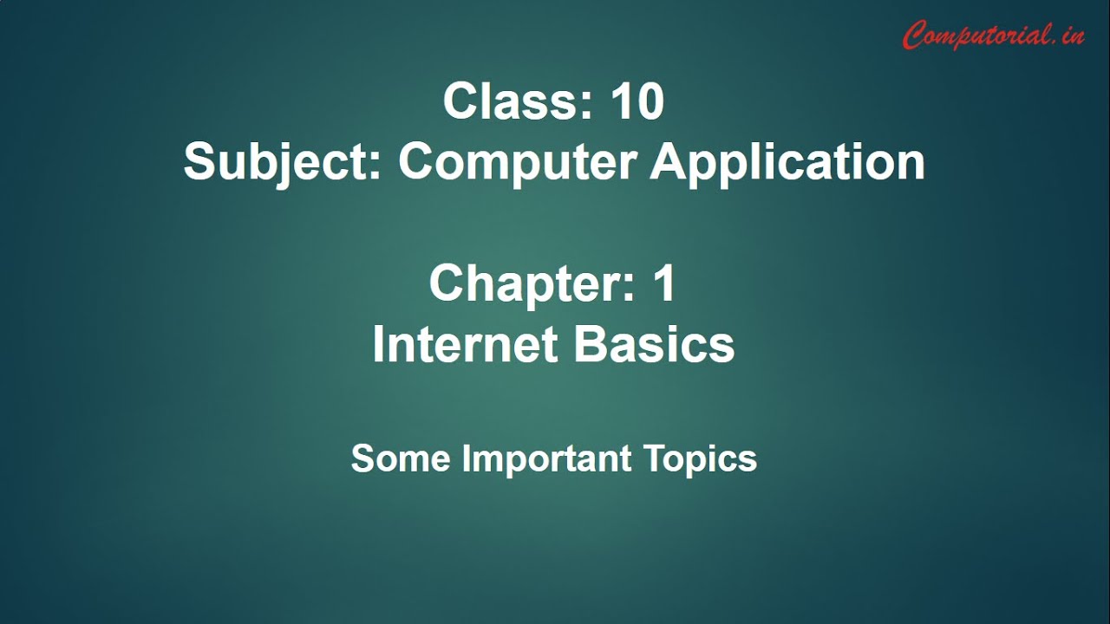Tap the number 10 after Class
pos(637,101)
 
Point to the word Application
pos(787,163)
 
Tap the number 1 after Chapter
pos(664,283)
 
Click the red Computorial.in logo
pos(993,35)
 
